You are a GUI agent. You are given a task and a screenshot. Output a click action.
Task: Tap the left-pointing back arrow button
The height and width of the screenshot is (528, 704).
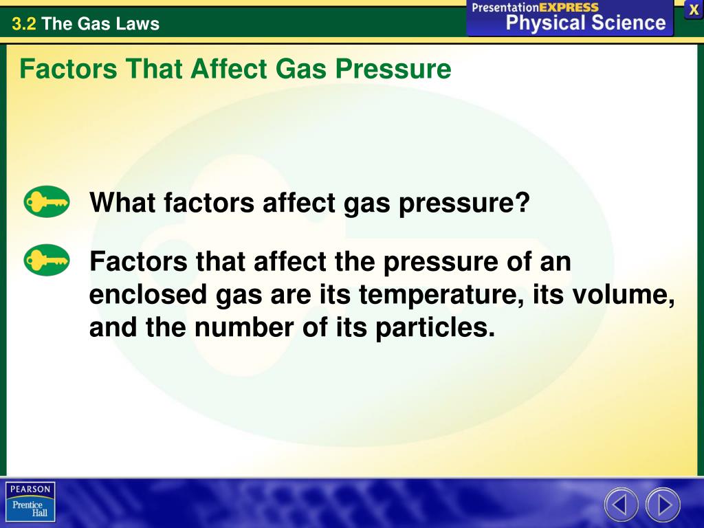(621, 505)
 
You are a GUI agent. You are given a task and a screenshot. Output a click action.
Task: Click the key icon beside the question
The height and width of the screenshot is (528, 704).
(47, 201)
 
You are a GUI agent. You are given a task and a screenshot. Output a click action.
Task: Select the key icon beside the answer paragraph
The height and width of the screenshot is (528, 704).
(47, 261)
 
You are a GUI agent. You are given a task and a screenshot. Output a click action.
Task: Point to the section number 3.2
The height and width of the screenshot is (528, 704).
(23, 24)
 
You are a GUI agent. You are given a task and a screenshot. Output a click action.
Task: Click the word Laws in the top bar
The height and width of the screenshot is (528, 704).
(137, 24)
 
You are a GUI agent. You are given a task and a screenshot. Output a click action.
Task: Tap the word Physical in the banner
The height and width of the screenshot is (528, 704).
(546, 23)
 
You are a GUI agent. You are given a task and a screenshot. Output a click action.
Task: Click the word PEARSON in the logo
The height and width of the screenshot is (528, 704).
(30, 489)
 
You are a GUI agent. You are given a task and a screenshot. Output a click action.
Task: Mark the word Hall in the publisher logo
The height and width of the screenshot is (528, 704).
(38, 514)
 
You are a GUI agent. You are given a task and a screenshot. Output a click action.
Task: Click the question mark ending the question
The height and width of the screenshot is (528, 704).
(523, 203)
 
